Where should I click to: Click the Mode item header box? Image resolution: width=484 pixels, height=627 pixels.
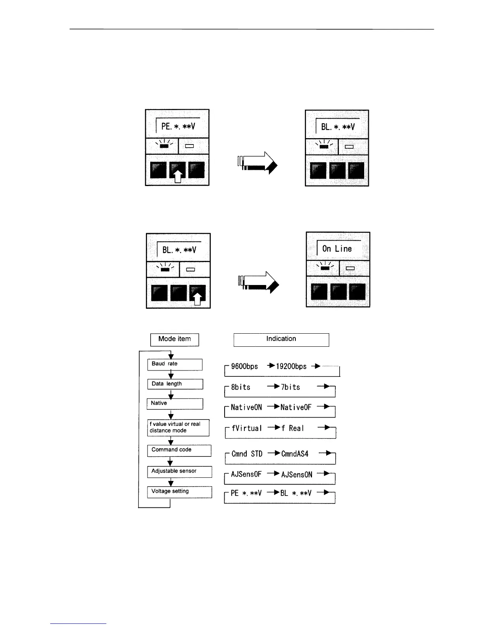coord(174,339)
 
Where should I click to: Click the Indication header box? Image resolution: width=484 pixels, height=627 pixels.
coord(281,339)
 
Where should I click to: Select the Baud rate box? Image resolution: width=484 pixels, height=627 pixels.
coord(175,364)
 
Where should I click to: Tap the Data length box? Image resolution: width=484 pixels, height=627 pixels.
coord(175,384)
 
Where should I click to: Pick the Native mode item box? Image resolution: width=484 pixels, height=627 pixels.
coord(175,403)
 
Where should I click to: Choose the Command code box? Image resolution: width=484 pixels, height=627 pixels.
coord(179,450)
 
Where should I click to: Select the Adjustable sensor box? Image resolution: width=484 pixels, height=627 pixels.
coord(179,471)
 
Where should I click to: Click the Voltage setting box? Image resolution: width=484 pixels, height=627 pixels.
coord(180,492)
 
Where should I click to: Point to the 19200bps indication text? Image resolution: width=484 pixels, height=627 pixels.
coord(291,367)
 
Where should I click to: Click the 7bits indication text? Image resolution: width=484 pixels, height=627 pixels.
coord(291,387)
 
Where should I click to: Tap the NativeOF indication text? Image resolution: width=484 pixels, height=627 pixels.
coord(296,407)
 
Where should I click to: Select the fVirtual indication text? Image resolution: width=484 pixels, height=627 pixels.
coord(247,428)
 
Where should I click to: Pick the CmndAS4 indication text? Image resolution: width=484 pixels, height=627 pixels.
coord(295,454)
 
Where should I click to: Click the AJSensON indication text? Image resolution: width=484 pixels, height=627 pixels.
coord(297,474)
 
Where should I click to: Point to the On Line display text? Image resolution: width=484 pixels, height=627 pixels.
coord(337,249)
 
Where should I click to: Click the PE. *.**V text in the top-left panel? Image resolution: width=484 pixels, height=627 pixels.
coord(178,127)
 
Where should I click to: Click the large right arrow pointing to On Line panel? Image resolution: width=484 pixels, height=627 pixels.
coord(259,282)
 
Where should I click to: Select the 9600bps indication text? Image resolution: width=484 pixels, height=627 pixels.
coord(244,367)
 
